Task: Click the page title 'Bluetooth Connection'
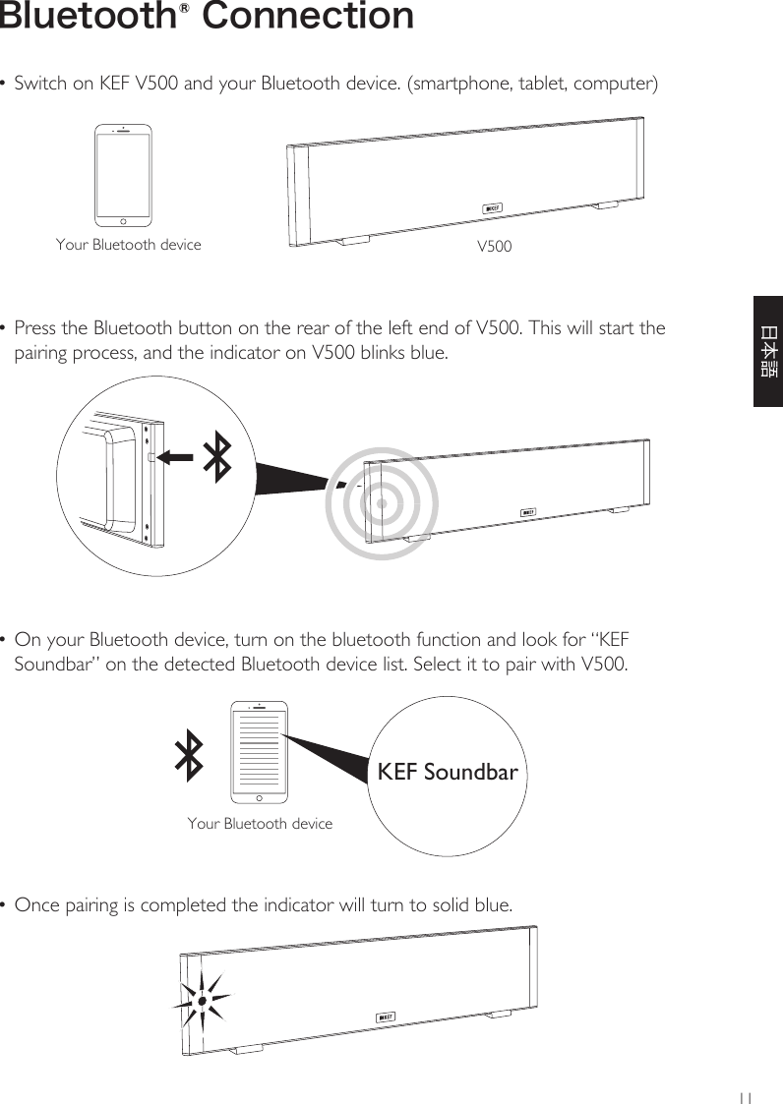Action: click(207, 17)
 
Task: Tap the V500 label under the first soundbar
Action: click(494, 246)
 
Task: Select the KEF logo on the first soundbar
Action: click(493, 207)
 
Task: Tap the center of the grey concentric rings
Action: click(381, 502)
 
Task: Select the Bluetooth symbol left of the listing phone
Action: click(189, 756)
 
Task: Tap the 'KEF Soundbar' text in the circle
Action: click(448, 773)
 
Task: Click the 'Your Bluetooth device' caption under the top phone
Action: click(128, 245)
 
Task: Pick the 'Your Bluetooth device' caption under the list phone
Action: click(260, 824)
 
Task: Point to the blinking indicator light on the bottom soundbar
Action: click(202, 1001)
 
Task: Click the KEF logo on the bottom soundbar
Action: click(386, 1017)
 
